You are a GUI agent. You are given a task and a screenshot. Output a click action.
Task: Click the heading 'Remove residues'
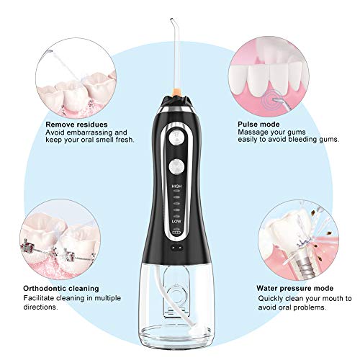coord(76,125)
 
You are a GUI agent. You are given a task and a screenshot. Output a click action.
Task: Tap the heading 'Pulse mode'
coord(258,125)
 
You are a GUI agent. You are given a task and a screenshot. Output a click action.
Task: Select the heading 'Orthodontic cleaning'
coord(61,288)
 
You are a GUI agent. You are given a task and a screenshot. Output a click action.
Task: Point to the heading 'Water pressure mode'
coord(295,288)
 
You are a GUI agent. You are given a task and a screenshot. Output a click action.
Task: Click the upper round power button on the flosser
coord(176,138)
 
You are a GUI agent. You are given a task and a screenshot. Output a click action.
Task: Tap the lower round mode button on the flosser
coord(176,167)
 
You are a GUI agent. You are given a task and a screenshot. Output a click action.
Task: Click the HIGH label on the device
coord(176,186)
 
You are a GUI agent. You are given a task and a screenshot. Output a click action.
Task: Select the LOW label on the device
coord(176,221)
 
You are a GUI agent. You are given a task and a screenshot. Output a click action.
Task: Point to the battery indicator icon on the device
coord(176,233)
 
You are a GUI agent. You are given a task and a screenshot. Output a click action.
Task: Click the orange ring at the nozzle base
coord(177,91)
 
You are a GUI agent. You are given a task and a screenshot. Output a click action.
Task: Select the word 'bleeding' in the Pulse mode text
coord(303,140)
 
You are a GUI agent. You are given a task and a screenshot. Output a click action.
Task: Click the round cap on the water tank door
coord(177,294)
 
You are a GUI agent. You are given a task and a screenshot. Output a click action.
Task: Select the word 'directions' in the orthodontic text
coord(40,307)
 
